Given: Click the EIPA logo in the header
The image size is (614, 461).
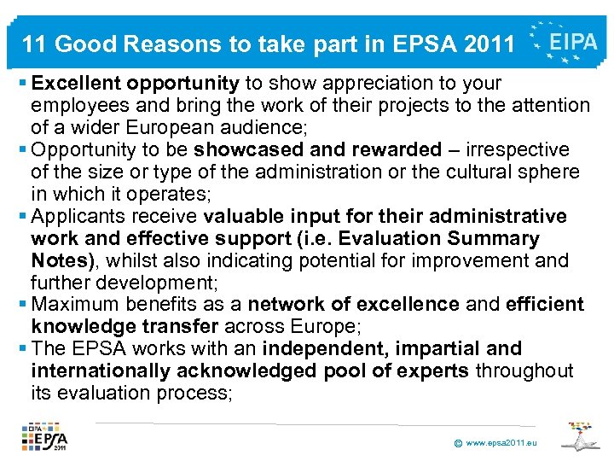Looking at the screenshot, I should (565, 41).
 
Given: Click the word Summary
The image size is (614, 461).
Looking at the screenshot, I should (494, 238).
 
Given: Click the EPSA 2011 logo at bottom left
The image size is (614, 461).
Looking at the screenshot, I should (47, 436).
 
